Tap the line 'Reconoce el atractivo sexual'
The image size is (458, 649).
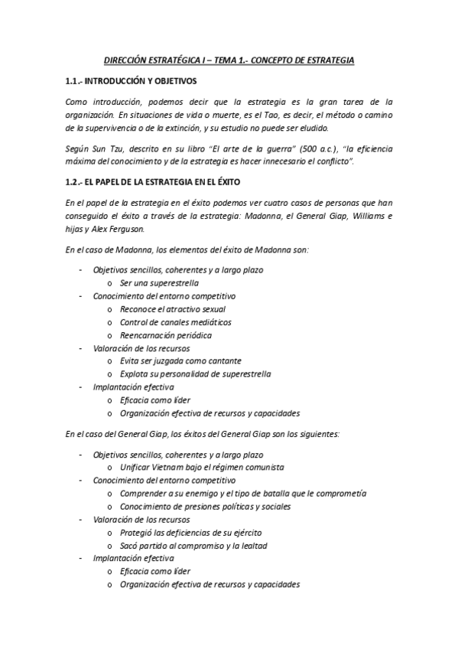(x=172, y=308)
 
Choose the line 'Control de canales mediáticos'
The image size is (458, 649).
(x=175, y=321)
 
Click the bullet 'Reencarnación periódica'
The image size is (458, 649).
(x=165, y=334)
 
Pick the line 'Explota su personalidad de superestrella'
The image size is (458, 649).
(x=194, y=373)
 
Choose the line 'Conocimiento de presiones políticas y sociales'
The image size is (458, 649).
(x=205, y=506)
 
